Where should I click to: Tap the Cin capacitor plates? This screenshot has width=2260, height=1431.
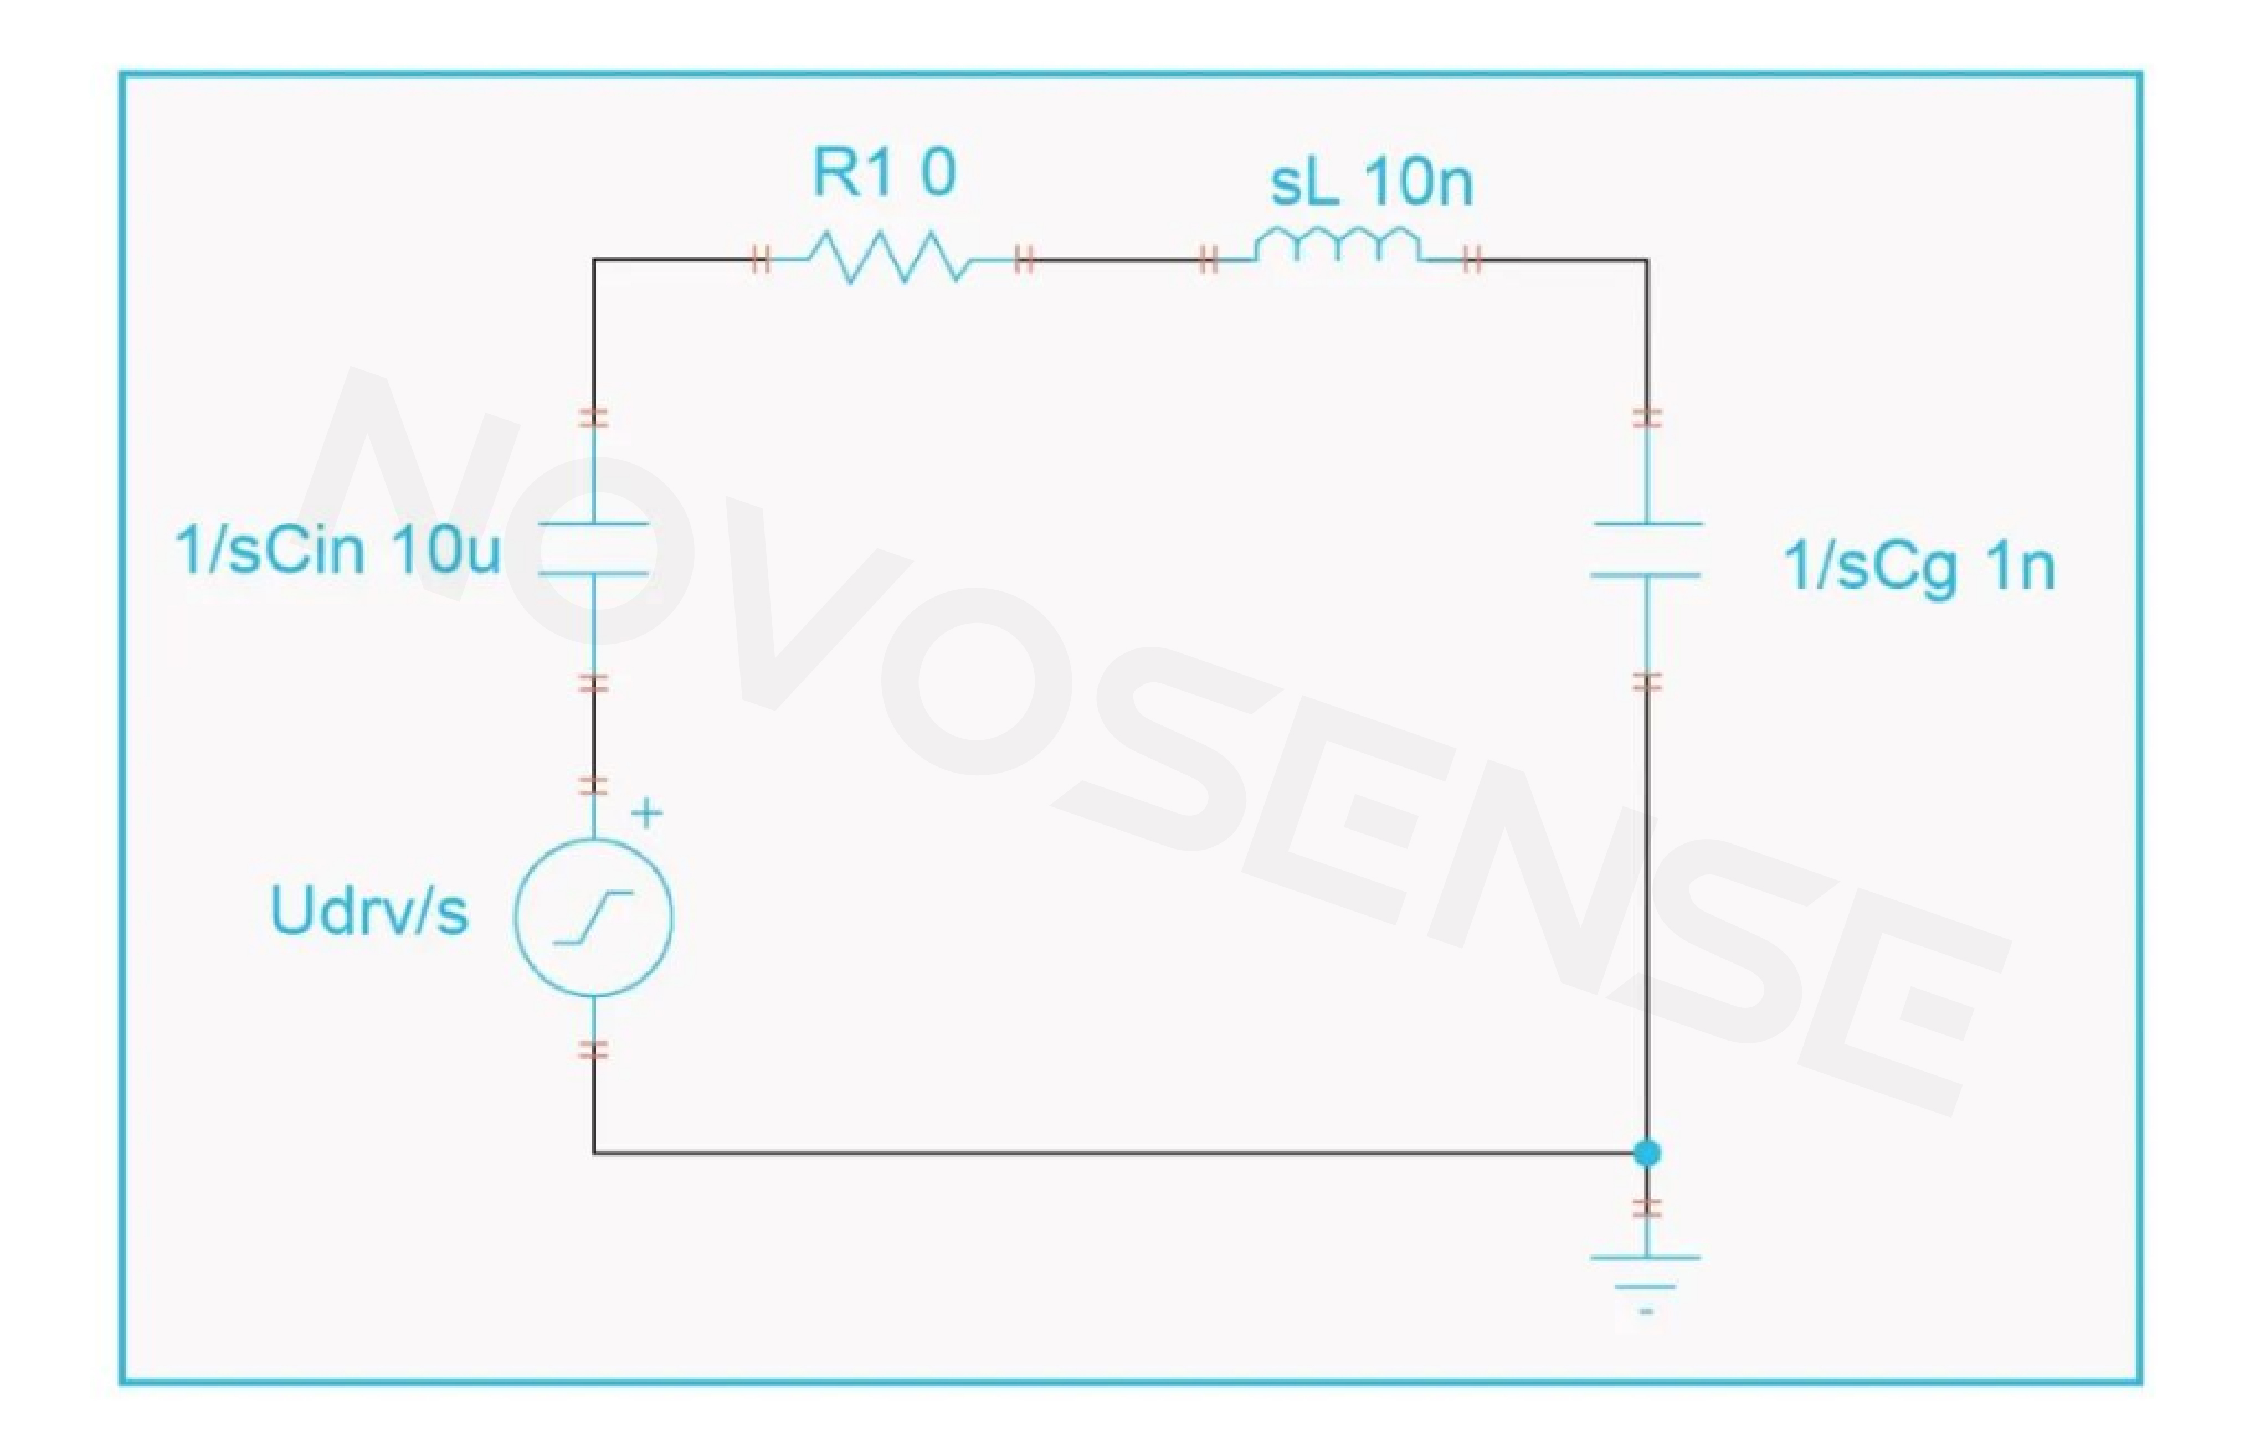[593, 548]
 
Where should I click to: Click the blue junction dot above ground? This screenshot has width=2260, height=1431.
[1646, 1152]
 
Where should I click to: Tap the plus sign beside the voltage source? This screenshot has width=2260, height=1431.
[646, 812]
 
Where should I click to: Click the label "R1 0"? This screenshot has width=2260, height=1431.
[884, 173]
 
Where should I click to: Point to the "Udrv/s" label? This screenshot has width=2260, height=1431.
[369, 910]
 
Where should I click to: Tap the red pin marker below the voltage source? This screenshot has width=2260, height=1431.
[593, 1050]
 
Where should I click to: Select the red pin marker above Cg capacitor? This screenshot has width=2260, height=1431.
[1646, 418]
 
